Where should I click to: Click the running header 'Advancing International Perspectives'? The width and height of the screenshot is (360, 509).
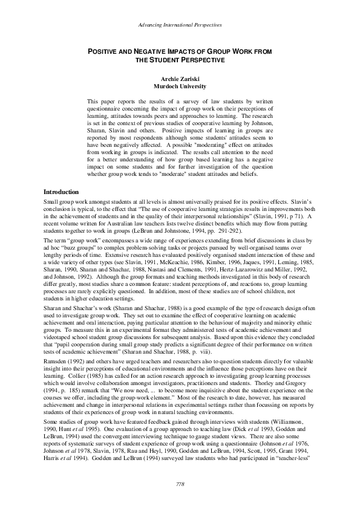click(x=180, y=25)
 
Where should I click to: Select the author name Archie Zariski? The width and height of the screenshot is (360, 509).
click(x=180, y=79)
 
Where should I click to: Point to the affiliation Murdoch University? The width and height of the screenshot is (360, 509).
click(x=180, y=86)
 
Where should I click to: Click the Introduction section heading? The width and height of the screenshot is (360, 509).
click(x=64, y=175)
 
